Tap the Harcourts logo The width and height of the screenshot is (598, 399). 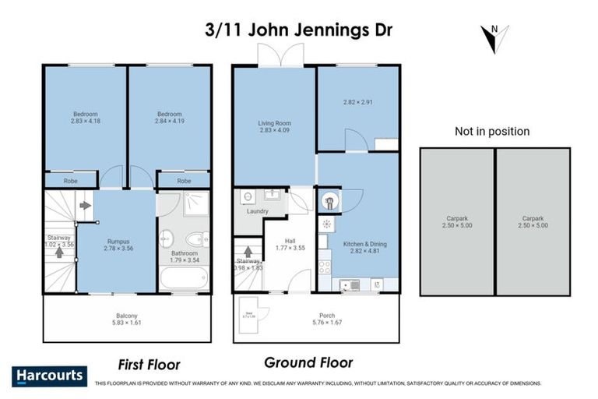(x=49, y=376)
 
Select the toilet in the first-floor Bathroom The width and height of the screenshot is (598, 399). (x=194, y=238)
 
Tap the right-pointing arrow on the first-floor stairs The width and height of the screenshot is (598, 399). (x=83, y=206)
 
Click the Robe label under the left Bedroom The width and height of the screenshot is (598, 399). (x=71, y=181)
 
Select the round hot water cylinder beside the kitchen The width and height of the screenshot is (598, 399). (x=329, y=202)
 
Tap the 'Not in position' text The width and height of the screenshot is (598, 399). (x=492, y=132)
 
